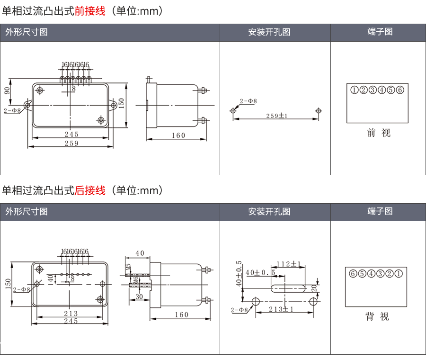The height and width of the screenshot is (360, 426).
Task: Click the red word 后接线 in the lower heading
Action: point(90,190)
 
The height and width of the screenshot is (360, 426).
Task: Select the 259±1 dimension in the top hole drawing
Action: point(277,116)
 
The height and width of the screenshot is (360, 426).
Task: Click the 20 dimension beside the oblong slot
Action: point(314,288)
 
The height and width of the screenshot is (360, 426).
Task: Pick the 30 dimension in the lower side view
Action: point(139,297)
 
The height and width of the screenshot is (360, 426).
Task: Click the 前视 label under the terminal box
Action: point(379,133)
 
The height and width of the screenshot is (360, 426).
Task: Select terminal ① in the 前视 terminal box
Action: point(354,90)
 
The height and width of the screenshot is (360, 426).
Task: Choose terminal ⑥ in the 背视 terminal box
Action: point(353,273)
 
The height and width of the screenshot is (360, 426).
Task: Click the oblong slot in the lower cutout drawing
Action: point(288,288)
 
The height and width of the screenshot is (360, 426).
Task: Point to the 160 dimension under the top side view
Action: point(178,135)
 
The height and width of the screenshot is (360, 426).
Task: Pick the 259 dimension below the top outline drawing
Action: point(71,144)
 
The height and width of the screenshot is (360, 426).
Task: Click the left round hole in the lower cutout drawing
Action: point(256,302)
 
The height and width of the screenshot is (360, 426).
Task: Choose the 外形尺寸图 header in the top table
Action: point(27,32)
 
